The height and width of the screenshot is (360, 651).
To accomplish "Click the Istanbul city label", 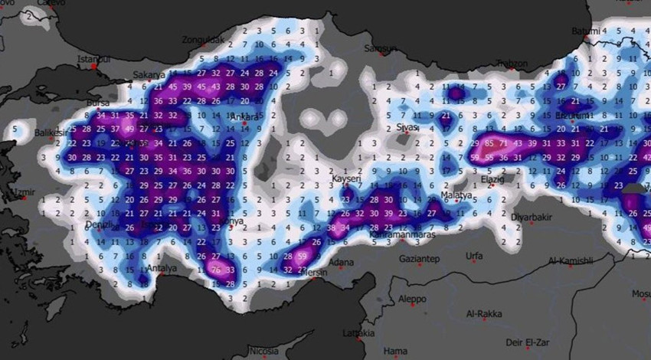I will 94,59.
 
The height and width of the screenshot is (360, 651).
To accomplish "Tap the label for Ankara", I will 246,117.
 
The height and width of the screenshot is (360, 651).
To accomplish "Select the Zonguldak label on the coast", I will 204,40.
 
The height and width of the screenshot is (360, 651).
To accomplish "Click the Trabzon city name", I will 512,64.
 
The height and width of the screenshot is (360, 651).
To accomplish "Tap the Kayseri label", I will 346,179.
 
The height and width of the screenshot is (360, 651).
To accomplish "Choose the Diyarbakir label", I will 532,217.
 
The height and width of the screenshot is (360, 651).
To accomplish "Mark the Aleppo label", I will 411,299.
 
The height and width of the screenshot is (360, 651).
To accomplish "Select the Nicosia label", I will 265,352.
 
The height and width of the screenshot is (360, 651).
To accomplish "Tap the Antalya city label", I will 162,269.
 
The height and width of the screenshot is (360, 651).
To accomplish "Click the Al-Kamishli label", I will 571,260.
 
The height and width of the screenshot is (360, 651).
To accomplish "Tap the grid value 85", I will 489,144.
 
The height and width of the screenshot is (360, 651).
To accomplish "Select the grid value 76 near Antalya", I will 217,270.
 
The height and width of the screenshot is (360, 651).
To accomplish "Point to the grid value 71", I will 503,144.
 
